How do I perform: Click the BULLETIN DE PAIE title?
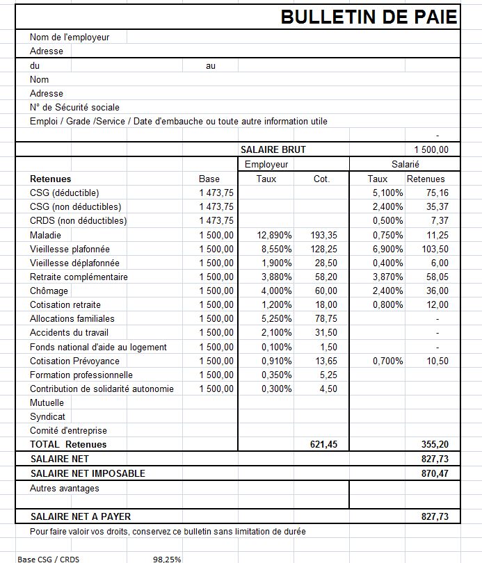coord(369,17)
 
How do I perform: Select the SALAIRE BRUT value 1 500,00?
coord(431,149)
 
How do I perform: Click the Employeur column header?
coord(266,164)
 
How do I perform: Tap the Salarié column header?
coord(405,164)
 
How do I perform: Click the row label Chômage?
coord(49,291)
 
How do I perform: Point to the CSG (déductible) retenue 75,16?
coord(437,193)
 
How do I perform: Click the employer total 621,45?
coord(323,444)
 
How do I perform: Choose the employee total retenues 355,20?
coord(435,444)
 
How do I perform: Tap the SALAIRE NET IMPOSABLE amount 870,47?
coord(435,473)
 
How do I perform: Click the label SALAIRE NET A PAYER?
coord(81,516)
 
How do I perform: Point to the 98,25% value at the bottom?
coord(167,558)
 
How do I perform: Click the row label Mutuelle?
coord(47,402)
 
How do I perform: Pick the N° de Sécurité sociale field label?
coord(74,108)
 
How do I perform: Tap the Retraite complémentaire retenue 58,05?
coord(437,277)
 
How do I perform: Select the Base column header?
coord(209,179)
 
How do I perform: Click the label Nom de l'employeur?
coord(70,37)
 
